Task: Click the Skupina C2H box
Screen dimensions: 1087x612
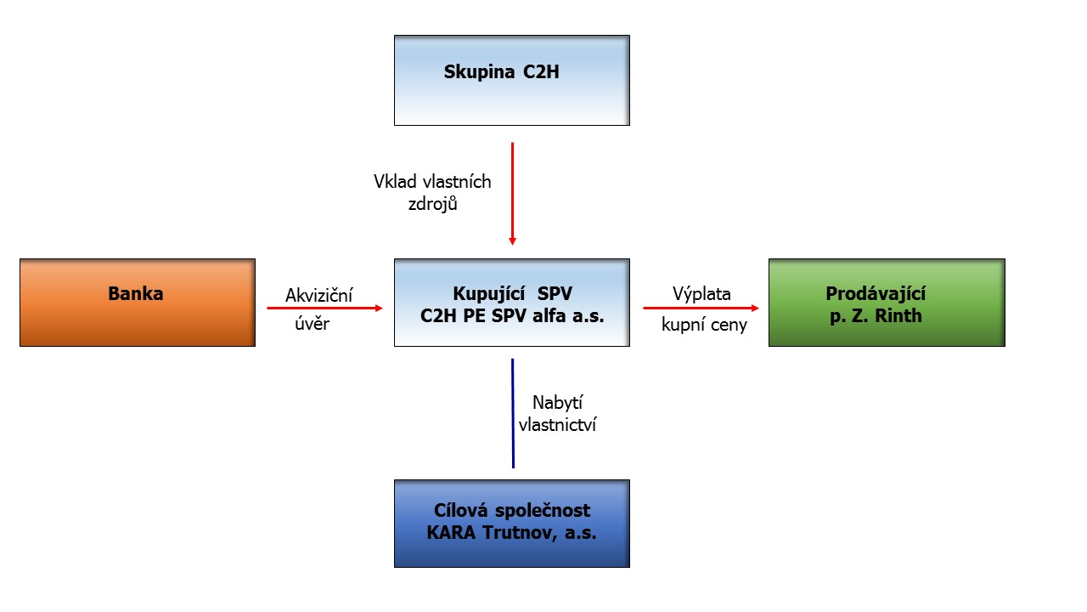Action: pos(512,80)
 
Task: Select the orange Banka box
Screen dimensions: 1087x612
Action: pos(138,303)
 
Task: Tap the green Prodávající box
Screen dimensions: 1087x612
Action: pos(887,303)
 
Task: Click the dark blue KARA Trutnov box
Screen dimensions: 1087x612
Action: pos(512,524)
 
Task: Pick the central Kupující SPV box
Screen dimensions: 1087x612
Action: pos(512,303)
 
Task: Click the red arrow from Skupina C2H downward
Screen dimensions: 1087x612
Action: pos(512,194)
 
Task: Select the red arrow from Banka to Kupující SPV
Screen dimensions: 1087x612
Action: pos(325,308)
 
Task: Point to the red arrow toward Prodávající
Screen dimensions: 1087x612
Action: pos(701,308)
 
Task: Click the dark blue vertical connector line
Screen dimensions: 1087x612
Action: pos(513,413)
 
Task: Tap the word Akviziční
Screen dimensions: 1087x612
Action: pos(318,295)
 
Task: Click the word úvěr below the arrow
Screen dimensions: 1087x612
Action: pos(312,324)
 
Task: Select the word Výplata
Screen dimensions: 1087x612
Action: pos(701,294)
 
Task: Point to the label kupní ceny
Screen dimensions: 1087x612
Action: pos(704,325)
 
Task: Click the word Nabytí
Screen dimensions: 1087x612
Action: pos(558,403)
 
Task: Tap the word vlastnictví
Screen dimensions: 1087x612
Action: pos(558,425)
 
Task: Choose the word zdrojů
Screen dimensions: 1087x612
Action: pos(433,204)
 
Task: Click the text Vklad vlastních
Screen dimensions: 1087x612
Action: pos(432,182)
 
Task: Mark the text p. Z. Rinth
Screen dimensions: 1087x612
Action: pos(876,315)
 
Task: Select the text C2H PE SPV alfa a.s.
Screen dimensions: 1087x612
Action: pos(512,315)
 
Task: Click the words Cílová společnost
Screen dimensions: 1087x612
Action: pos(512,511)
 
